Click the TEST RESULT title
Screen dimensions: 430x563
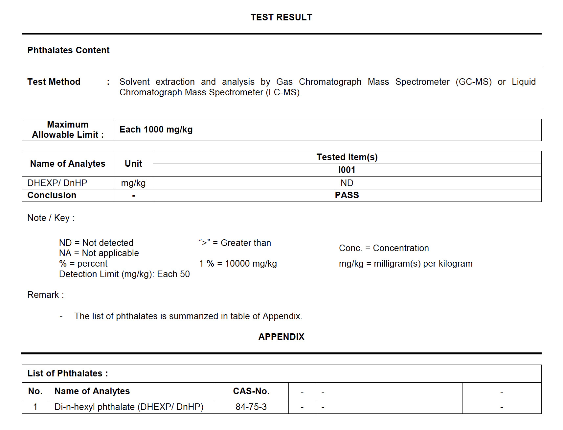click(281, 17)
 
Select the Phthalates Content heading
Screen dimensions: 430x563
click(68, 50)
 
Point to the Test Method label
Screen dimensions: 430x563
click(54, 82)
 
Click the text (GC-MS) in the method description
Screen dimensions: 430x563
click(473, 82)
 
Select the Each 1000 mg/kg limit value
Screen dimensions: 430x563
click(156, 130)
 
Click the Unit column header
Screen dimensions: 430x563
click(133, 164)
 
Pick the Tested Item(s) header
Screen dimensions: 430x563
click(347, 157)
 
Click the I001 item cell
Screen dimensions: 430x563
click(347, 170)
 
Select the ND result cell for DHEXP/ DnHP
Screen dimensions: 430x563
click(347, 183)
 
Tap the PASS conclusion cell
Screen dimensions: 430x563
click(347, 195)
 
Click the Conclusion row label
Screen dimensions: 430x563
click(52, 195)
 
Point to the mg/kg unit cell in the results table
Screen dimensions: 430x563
click(133, 183)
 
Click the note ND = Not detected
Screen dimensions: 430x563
click(96, 243)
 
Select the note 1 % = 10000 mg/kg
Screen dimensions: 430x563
click(238, 264)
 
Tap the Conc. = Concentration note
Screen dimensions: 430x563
click(384, 248)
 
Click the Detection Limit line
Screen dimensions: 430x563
click(124, 274)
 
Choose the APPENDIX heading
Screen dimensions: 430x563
click(281, 337)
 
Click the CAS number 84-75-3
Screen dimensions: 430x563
click(251, 407)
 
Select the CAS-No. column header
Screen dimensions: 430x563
click(251, 391)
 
